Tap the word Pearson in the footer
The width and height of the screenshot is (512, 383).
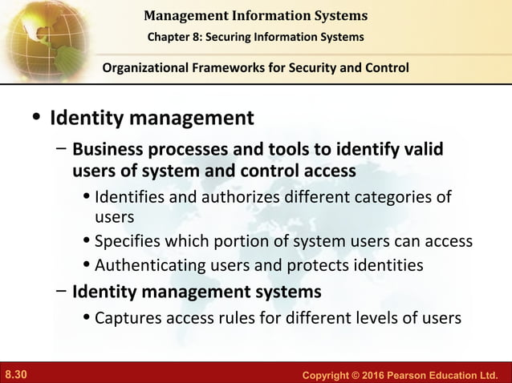pyautogui.click(x=396, y=374)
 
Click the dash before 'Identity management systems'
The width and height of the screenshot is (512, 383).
pyautogui.click(x=61, y=289)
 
